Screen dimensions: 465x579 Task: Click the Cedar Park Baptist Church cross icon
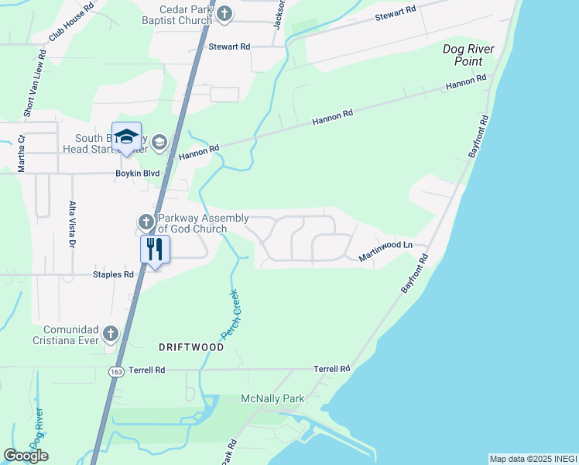click(224, 13)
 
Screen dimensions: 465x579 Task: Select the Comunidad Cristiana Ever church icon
click(110, 334)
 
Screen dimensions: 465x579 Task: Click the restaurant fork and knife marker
click(154, 249)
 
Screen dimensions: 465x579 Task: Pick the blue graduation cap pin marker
click(126, 137)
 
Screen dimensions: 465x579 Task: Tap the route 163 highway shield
click(114, 373)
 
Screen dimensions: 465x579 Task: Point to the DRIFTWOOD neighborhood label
click(193, 347)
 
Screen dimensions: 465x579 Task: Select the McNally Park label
click(273, 398)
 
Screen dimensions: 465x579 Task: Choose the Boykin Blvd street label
click(137, 174)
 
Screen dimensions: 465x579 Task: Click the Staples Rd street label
click(113, 274)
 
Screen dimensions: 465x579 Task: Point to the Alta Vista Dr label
click(71, 223)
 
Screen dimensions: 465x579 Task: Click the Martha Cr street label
click(22, 153)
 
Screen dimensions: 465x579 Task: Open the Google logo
click(26, 456)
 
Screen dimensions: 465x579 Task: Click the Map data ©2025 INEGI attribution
click(533, 459)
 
